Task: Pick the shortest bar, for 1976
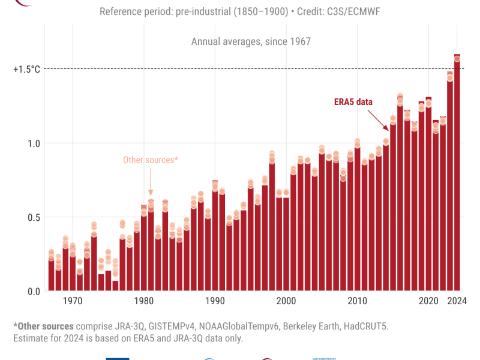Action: [115, 286]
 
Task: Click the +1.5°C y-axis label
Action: [26, 69]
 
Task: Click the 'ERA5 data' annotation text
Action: [353, 102]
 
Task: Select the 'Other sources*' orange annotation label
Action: [151, 160]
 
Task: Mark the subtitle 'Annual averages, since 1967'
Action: [251, 41]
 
